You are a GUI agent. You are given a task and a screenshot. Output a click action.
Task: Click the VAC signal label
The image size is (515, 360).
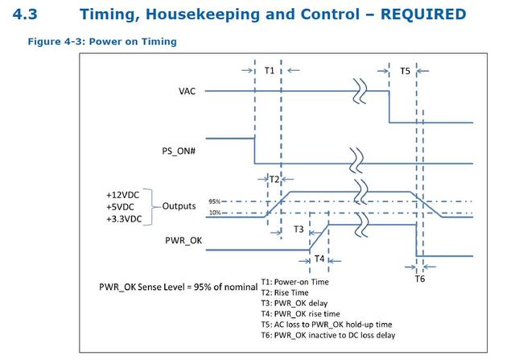187,91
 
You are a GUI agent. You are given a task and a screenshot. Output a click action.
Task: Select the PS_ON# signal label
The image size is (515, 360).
179,151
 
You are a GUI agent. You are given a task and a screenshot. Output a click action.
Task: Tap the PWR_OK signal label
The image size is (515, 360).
183,241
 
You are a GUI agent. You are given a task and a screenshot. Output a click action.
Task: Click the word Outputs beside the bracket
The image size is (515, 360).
179,206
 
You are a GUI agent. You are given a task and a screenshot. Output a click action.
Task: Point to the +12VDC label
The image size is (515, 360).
122,195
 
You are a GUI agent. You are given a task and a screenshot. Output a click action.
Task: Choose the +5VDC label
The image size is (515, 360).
120,207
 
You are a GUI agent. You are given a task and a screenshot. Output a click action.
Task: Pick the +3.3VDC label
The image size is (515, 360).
124,219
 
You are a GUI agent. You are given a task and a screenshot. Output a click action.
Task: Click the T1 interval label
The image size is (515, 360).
270,71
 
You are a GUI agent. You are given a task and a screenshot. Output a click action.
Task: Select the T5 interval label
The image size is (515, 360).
405,71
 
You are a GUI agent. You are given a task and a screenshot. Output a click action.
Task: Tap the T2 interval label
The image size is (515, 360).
274,179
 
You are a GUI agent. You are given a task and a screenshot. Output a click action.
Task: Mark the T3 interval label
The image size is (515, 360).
299,230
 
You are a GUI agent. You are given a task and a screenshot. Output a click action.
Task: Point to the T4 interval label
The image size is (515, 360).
319,259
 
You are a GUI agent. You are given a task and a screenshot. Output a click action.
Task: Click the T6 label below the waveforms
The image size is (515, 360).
420,279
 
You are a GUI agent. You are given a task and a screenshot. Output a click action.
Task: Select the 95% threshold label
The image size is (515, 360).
214,201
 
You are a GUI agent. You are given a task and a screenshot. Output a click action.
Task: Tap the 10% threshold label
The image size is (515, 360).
215,213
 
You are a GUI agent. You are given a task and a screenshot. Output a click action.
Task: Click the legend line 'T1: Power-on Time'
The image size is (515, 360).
295,282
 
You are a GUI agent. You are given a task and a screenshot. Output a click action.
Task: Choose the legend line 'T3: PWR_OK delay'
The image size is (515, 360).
295,303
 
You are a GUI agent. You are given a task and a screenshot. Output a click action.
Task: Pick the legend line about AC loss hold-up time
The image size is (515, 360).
327,325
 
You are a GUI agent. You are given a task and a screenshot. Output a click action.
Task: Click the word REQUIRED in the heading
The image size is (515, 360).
423,14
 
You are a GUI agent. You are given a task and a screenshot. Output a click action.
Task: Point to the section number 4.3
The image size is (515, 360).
25,14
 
